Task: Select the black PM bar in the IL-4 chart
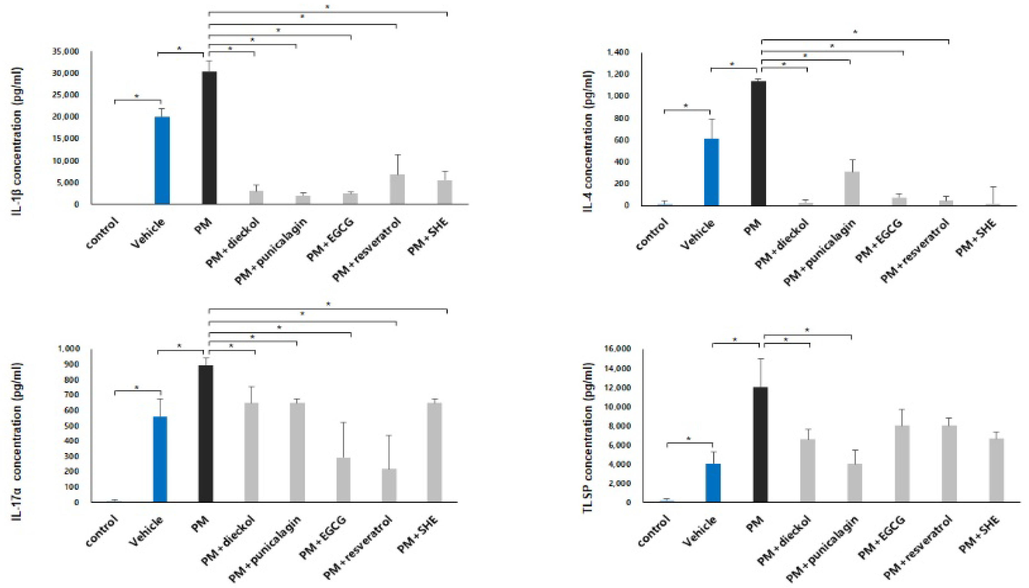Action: click(x=758, y=143)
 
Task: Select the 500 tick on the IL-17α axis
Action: click(x=70, y=426)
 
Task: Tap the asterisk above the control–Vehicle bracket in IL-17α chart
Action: click(x=137, y=388)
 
